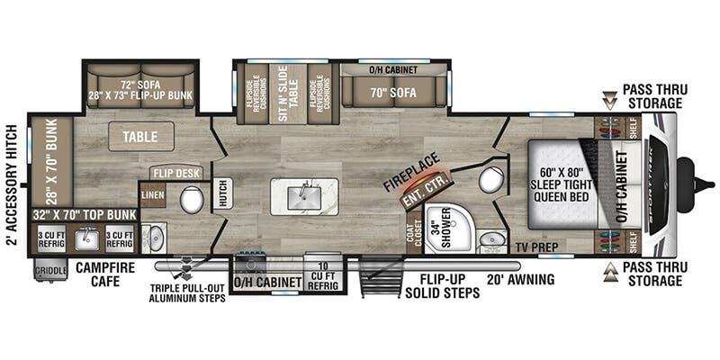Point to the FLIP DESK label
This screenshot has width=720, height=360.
click(x=176, y=173)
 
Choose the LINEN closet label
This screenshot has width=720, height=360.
click(x=152, y=194)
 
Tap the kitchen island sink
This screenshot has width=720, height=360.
click(x=304, y=195)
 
